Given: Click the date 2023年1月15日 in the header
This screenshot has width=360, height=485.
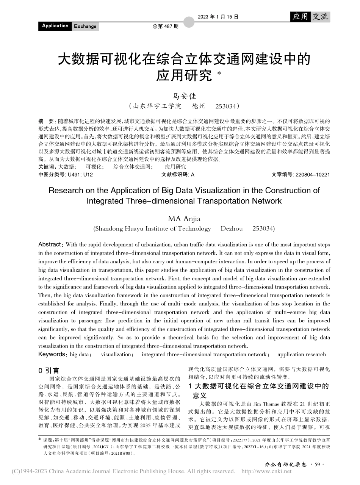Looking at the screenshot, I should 218,17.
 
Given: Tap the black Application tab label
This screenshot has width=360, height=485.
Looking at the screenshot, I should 55,26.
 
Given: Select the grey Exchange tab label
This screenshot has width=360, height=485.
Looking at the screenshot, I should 85,26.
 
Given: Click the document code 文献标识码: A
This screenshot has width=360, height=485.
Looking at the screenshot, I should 178,175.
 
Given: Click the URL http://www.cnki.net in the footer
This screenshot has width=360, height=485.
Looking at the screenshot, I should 266,471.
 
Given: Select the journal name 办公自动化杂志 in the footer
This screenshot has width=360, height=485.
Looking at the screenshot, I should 285,464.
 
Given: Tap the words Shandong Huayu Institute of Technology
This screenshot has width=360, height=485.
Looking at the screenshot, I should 152,228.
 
